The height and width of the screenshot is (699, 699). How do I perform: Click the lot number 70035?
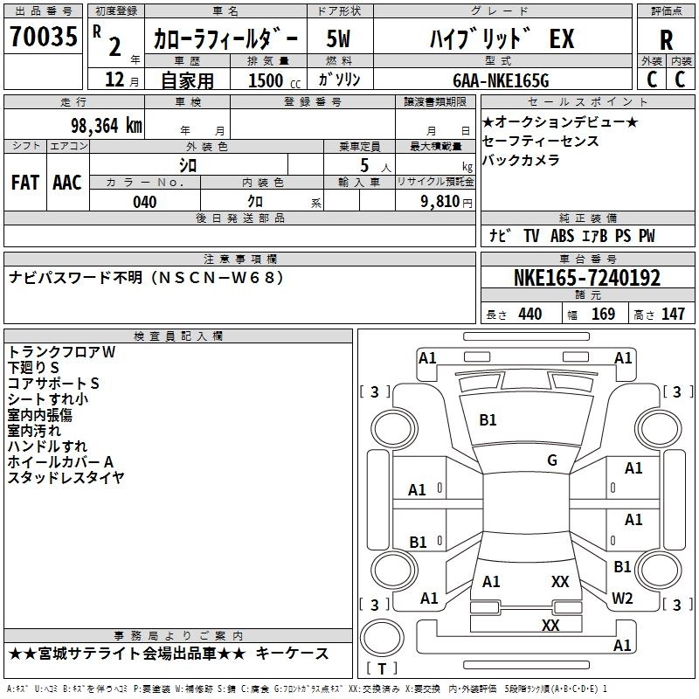44,36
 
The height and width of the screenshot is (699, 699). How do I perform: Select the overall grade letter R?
666,40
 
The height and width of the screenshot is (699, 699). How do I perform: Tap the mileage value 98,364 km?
106,126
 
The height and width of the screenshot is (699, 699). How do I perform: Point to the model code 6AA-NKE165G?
501,80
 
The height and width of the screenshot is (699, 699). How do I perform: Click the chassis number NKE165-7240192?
587,278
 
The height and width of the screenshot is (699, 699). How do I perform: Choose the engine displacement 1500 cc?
274,80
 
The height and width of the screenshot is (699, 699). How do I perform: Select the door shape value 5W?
338,38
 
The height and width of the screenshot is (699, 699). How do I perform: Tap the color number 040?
145,202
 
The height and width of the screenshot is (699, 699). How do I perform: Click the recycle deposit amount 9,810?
440,202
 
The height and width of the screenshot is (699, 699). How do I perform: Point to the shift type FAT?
25,183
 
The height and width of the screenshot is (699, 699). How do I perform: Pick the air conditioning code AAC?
67,183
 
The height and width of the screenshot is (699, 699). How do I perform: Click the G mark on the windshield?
552,460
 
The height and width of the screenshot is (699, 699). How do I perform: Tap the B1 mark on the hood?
488,420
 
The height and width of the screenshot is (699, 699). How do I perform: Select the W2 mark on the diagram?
622,598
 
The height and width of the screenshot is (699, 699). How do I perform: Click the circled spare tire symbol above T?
382,638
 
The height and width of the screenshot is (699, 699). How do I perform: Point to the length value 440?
530,314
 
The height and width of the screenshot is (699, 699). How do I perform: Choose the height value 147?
673,314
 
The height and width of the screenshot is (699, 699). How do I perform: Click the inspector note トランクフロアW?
61,352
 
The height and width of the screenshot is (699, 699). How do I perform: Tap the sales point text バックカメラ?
521,160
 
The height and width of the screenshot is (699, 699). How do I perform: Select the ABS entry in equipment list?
562,236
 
